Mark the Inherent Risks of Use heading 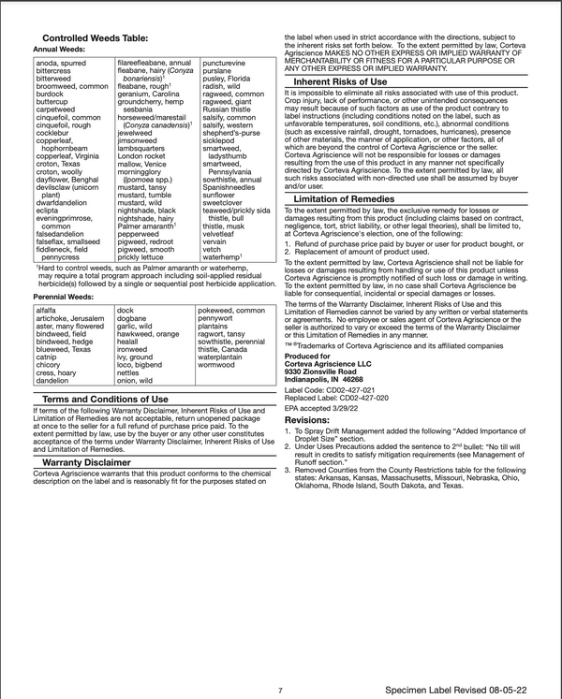tap(340, 82)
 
